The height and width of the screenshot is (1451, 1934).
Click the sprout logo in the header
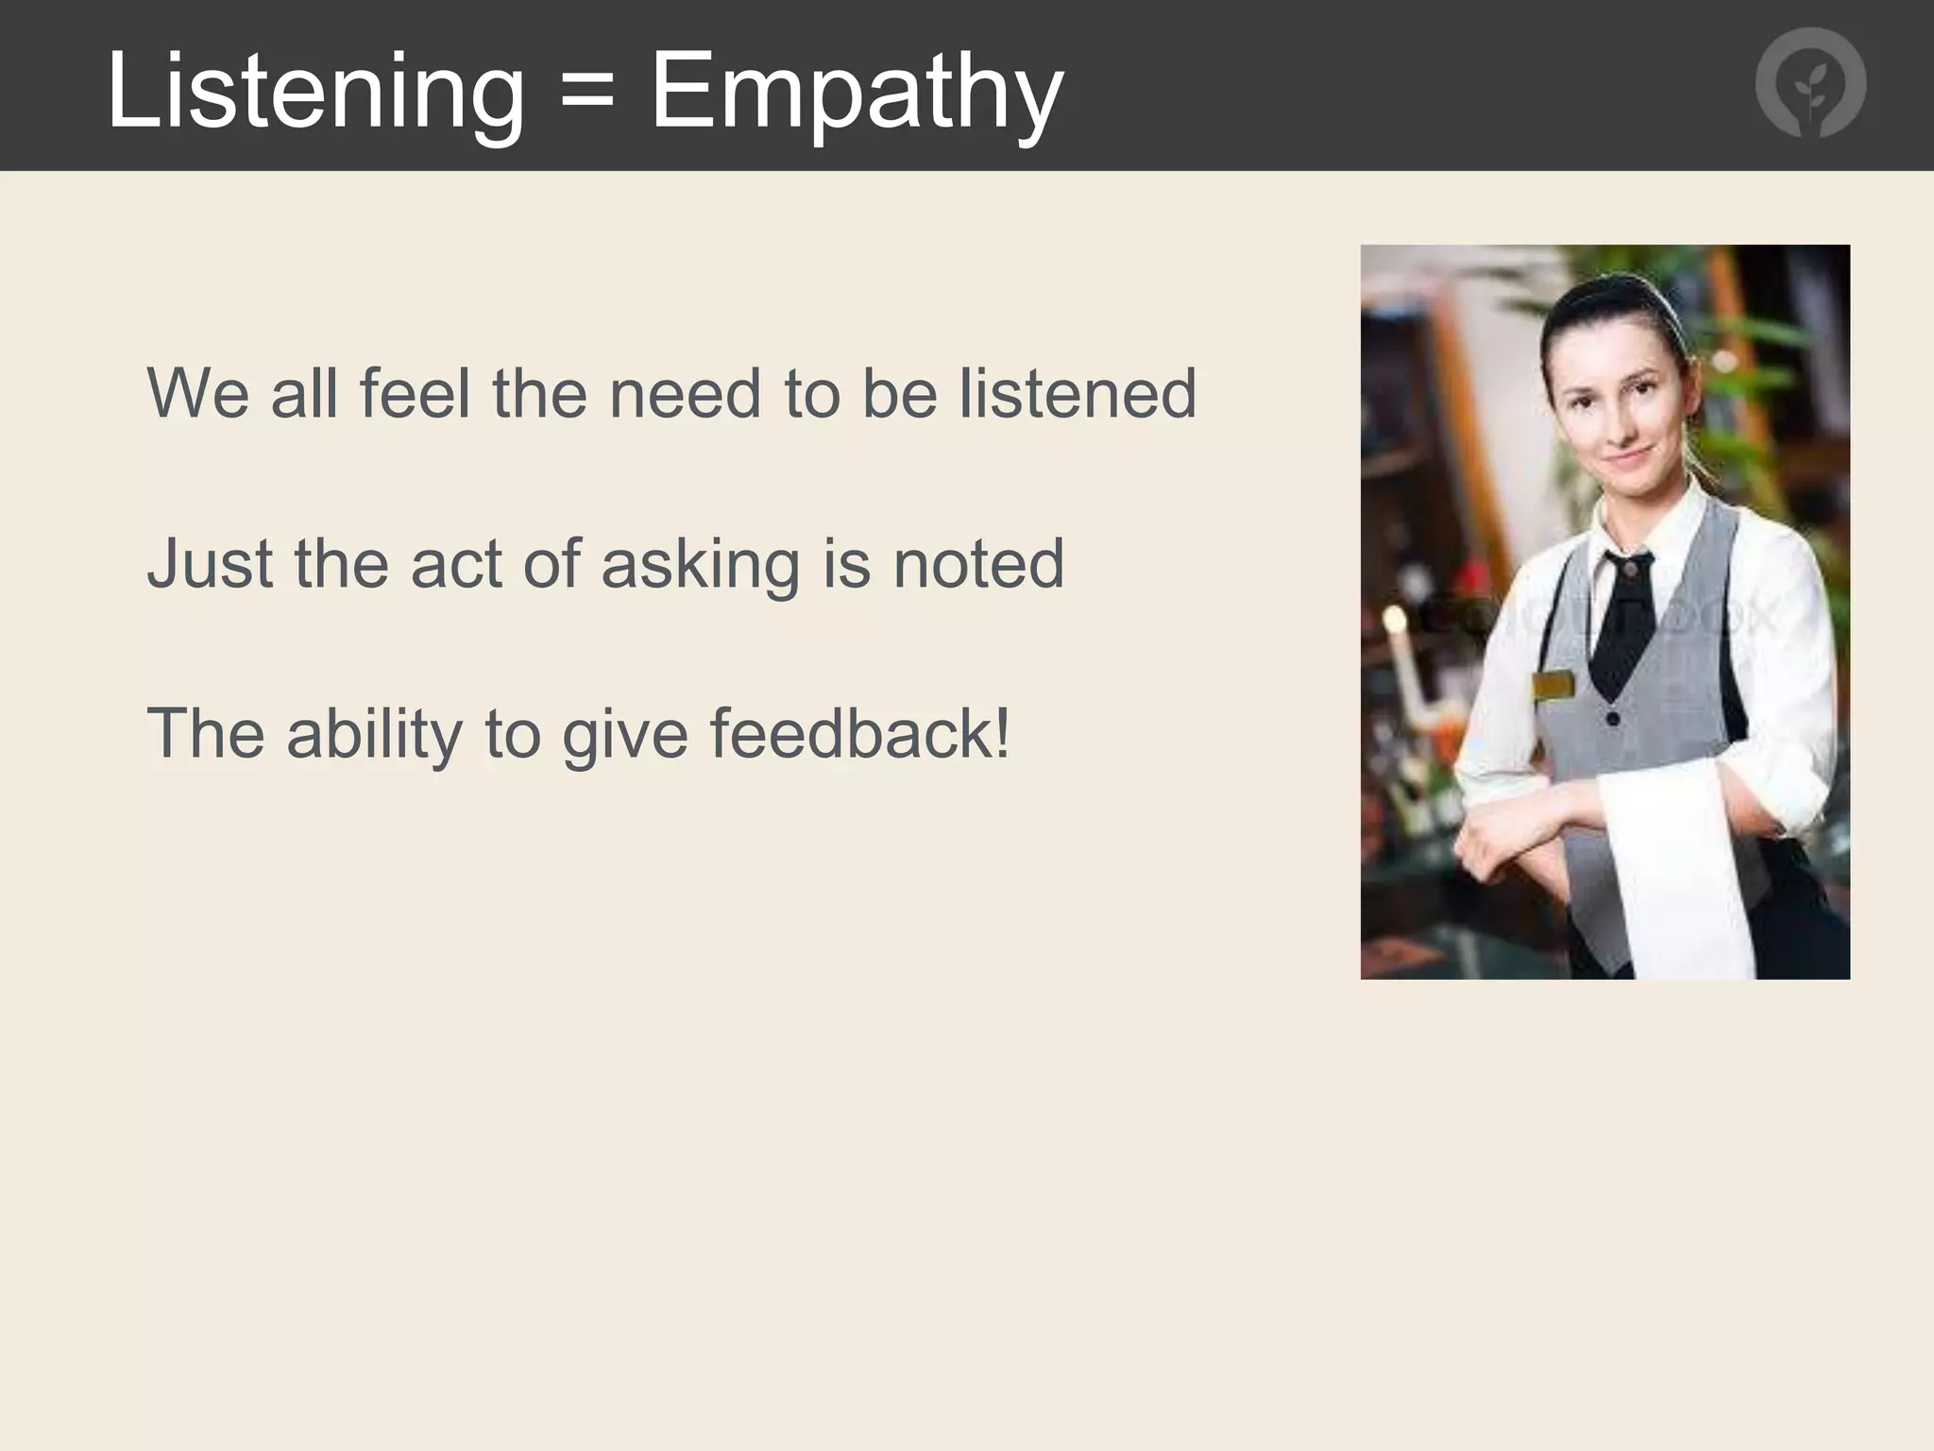coord(1810,84)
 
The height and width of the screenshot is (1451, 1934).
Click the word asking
coord(700,565)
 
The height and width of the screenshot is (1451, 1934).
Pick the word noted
coord(978,563)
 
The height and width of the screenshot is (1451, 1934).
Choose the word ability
coord(375,735)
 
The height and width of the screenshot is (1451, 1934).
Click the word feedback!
coord(859,733)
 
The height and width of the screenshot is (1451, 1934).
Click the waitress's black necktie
coord(1622,623)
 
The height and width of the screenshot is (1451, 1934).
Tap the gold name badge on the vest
coord(1552,684)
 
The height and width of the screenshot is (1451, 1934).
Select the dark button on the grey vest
coord(1613,719)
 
